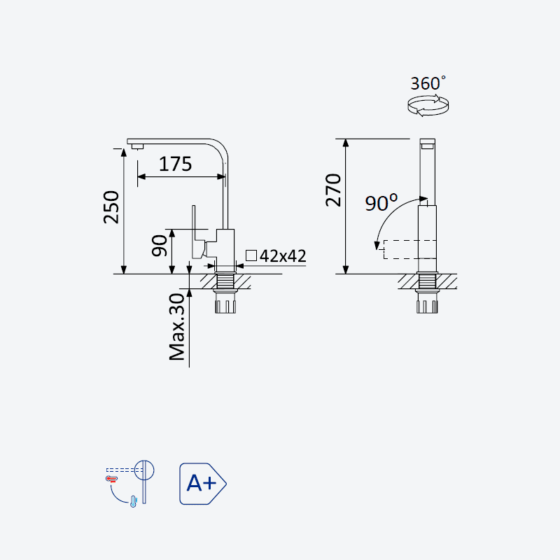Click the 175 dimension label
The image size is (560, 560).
(176, 164)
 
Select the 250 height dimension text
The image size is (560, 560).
(111, 207)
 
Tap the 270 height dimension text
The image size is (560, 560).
(333, 190)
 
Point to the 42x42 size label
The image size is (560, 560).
(283, 255)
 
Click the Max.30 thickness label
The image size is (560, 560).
(177, 327)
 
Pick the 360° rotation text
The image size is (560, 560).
(428, 83)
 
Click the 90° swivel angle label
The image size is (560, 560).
(381, 202)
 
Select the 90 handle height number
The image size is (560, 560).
(160, 246)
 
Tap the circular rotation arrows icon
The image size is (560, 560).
(428, 106)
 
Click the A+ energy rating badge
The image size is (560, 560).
(202, 484)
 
